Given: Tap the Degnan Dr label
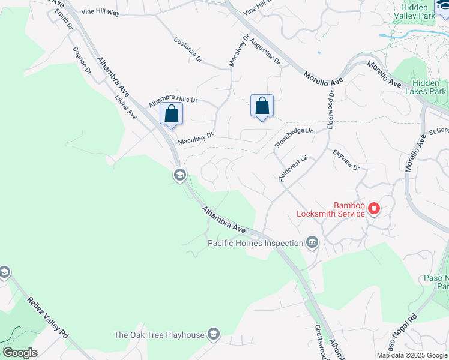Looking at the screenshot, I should coord(82,61).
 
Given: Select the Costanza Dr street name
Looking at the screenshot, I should coord(188,50).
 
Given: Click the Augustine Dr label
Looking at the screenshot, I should coord(264,50).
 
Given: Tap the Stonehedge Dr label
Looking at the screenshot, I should coord(294,138).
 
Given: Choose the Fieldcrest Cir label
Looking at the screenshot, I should coord(293,169).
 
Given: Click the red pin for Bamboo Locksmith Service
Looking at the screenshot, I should coord(374,208).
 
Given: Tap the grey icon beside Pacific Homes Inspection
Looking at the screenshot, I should coord(312,243).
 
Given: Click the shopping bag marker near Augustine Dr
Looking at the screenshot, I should coord(262,107).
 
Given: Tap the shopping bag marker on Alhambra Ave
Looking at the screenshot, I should coord(172,113).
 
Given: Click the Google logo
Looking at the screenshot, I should coord(20,353).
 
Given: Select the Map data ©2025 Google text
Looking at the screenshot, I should coord(412,355).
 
